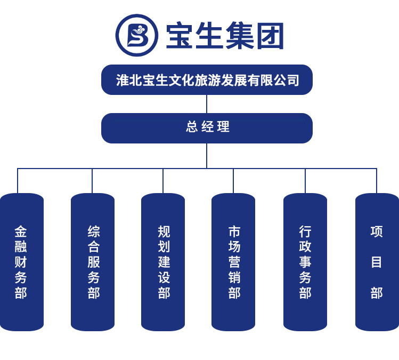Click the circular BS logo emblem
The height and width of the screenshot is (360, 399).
pos(137,35)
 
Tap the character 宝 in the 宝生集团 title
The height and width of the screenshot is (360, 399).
pos(181,36)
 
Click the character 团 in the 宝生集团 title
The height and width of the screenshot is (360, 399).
pos(270,36)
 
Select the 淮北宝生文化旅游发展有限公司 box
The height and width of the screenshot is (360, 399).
pos(207,80)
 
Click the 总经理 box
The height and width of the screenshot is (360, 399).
pos(207,128)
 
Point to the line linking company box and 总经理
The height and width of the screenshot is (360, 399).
pos(207,104)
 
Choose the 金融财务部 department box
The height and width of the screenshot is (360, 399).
pos(21,262)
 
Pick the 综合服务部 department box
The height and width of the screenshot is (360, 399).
pos(93,262)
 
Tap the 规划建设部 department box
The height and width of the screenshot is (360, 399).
pos(163,262)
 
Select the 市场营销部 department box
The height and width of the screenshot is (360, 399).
pos(233,262)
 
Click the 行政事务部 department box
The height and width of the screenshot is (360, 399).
pos(305,262)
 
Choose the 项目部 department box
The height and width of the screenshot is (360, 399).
pos(377,262)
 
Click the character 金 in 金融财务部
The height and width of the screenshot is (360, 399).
pos(21,231)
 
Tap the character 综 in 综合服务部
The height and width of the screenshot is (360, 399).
pos(94,231)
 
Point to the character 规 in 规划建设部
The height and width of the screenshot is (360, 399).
pos(164,231)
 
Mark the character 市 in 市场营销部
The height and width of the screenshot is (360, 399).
pos(234,231)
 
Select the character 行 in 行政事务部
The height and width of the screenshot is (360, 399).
pos(305,231)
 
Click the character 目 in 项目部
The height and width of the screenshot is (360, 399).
pos(377,262)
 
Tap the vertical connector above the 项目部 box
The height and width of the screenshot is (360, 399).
pos(377,181)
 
